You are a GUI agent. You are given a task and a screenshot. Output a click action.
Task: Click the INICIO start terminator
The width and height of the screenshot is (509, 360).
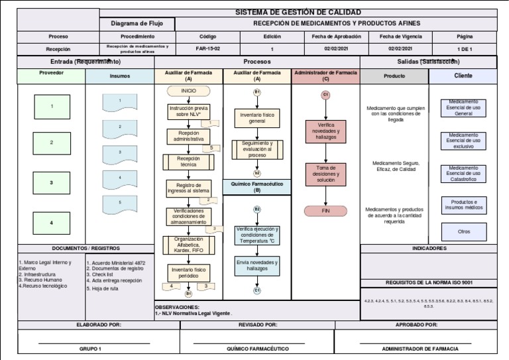pyautogui.click(x=188, y=90)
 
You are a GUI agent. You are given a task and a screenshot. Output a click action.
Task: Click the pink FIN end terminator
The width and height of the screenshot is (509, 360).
pyautogui.click(x=325, y=211)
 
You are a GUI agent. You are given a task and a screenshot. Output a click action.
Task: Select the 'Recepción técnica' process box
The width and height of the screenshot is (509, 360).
pyautogui.click(x=188, y=161)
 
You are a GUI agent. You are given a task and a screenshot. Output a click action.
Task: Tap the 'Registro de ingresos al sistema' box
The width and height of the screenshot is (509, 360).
pyautogui.click(x=188, y=188)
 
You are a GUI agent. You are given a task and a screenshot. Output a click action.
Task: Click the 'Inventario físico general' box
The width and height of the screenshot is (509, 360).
pyautogui.click(x=256, y=119)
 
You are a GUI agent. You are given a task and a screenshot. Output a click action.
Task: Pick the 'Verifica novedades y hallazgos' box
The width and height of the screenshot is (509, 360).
pyautogui.click(x=325, y=131)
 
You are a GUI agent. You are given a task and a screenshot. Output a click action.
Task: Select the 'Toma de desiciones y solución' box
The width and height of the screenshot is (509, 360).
pyautogui.click(x=325, y=174)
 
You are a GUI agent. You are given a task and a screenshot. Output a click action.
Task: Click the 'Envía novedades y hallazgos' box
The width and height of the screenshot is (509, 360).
pyautogui.click(x=257, y=266)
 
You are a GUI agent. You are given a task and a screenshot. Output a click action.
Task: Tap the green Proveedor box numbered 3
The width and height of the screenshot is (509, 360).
pyautogui.click(x=51, y=182)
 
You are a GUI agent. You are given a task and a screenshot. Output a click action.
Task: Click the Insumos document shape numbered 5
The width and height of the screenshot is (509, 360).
pyautogui.click(x=120, y=203)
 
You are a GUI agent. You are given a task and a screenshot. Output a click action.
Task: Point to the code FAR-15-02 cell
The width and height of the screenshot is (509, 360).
pyautogui.click(x=207, y=49)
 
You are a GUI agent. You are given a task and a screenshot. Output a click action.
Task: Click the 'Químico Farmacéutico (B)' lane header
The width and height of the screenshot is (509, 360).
pyautogui.click(x=257, y=186)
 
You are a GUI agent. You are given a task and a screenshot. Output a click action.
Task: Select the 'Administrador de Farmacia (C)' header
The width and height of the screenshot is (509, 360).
pyautogui.click(x=325, y=75)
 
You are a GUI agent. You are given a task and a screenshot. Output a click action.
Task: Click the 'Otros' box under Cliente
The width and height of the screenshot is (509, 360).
pyautogui.click(x=464, y=231)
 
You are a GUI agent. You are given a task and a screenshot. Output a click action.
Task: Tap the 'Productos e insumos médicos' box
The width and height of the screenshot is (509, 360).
pyautogui.click(x=464, y=204)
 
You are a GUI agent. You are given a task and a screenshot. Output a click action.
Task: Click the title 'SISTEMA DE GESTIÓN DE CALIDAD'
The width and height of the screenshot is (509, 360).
pyautogui.click(x=298, y=13)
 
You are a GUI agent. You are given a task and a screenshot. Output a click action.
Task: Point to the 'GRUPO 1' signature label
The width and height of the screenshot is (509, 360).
pyautogui.click(x=90, y=348)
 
